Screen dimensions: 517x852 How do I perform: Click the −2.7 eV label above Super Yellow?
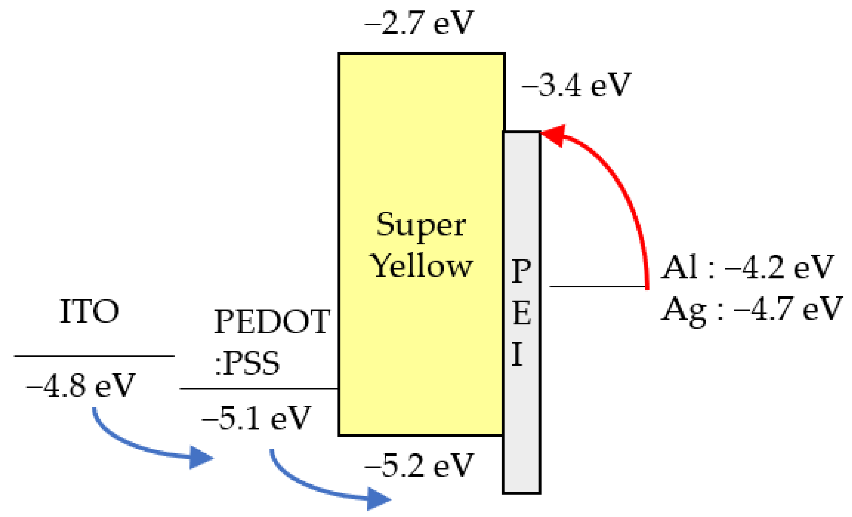point(419,23)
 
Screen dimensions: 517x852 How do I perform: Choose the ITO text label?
point(89,312)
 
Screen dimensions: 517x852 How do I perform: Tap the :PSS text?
point(247,363)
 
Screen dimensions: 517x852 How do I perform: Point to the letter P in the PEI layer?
point(521,271)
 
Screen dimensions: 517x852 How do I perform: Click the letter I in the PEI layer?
point(517,354)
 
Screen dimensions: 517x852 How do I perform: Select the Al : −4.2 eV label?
point(747,267)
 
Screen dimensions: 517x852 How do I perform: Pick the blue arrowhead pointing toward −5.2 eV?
point(377,499)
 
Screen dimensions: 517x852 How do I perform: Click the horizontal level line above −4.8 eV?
point(94,356)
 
